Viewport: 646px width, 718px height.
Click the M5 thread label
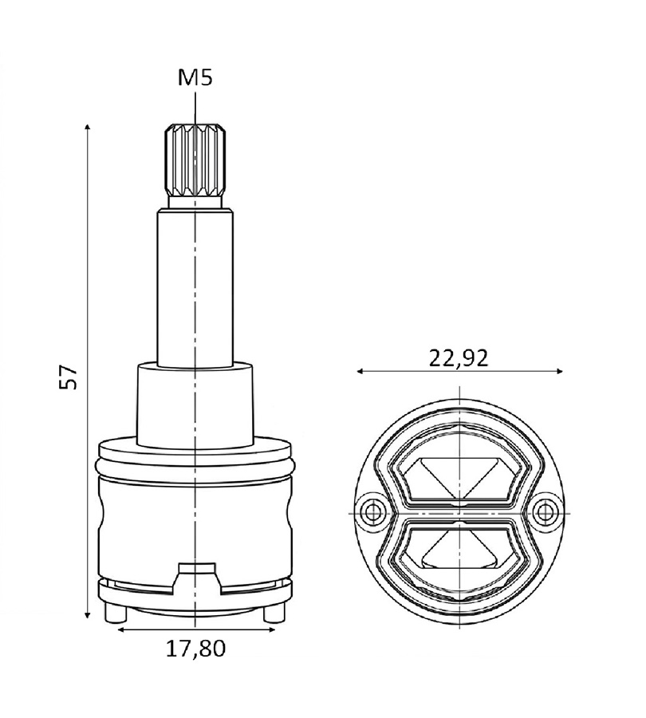click(195, 78)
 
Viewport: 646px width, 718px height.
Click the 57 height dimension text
click(69, 377)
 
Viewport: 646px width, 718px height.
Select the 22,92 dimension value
click(459, 358)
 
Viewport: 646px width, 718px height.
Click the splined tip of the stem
click(195, 160)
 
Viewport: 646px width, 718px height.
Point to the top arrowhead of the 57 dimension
click(88, 127)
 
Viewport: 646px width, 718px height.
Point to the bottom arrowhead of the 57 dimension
click(88, 613)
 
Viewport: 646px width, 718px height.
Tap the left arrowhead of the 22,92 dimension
click(361, 371)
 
